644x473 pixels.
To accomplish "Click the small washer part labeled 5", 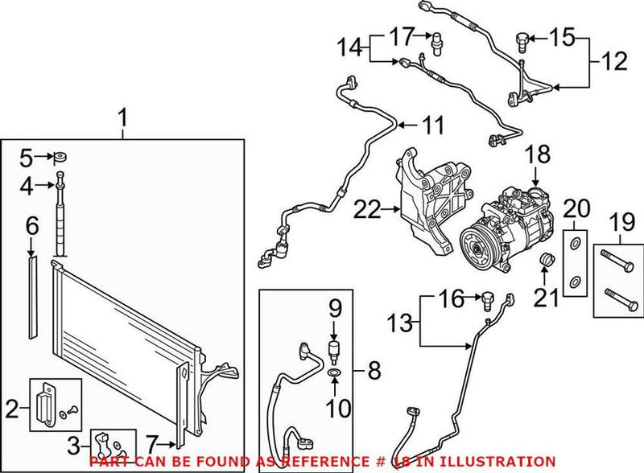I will click(60, 156).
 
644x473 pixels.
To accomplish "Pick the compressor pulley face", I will click(477, 245).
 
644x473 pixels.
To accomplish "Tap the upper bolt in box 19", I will click(618, 261).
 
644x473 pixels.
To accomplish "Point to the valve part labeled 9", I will click(334, 347).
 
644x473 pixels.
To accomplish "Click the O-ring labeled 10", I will click(334, 373).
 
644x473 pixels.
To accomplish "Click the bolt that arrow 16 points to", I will click(487, 300).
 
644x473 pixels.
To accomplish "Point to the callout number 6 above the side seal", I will click(31, 226).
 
